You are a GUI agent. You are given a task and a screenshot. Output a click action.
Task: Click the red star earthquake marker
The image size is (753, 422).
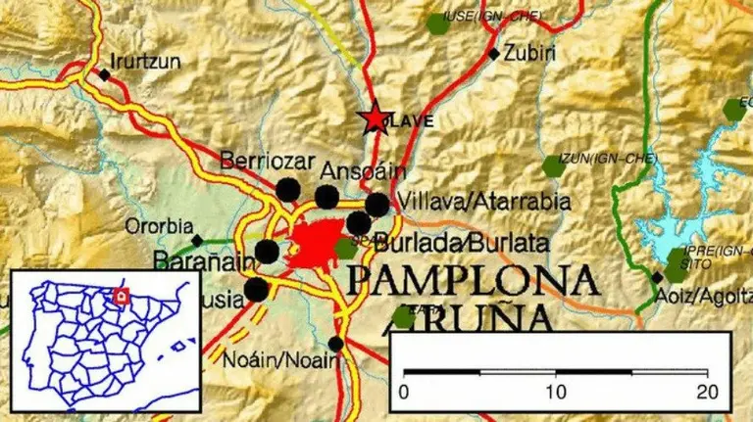(374, 118)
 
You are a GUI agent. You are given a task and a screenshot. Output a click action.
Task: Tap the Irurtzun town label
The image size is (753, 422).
(146, 61)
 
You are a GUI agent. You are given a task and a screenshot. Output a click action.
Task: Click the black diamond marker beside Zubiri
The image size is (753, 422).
(493, 53)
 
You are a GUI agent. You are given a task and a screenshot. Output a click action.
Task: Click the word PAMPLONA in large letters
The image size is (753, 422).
(472, 281)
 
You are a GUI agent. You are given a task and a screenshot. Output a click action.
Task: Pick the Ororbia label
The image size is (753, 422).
(158, 226)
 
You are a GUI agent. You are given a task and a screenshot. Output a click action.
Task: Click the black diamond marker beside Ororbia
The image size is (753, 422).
(197, 240)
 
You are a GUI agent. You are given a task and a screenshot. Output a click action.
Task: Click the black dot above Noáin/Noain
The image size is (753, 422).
(336, 344)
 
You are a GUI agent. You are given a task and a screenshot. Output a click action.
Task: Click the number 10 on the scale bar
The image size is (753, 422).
(556, 393)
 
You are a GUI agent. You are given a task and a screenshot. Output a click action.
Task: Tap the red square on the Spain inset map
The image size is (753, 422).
(121, 295)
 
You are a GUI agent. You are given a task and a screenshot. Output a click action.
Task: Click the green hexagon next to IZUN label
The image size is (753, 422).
(554, 167)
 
